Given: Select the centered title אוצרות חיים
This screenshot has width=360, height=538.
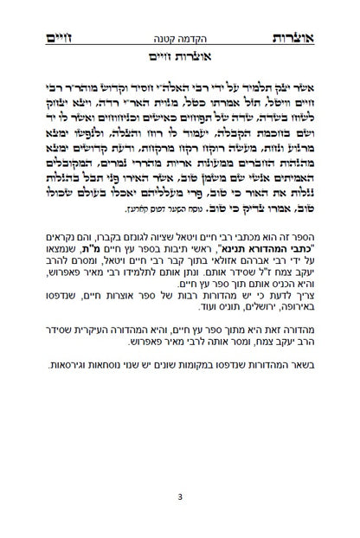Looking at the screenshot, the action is coord(180,58).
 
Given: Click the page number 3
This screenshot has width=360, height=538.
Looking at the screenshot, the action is coord(180,497).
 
